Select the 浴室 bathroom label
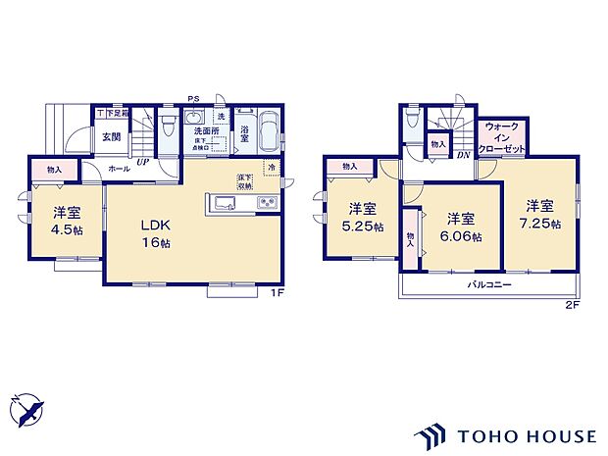click(x=244, y=130)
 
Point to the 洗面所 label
click(x=205, y=130)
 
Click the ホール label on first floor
click(x=119, y=169)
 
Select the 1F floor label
click(x=279, y=292)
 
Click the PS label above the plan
click(x=195, y=98)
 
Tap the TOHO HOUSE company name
click(x=524, y=434)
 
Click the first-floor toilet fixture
click(x=171, y=126)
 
